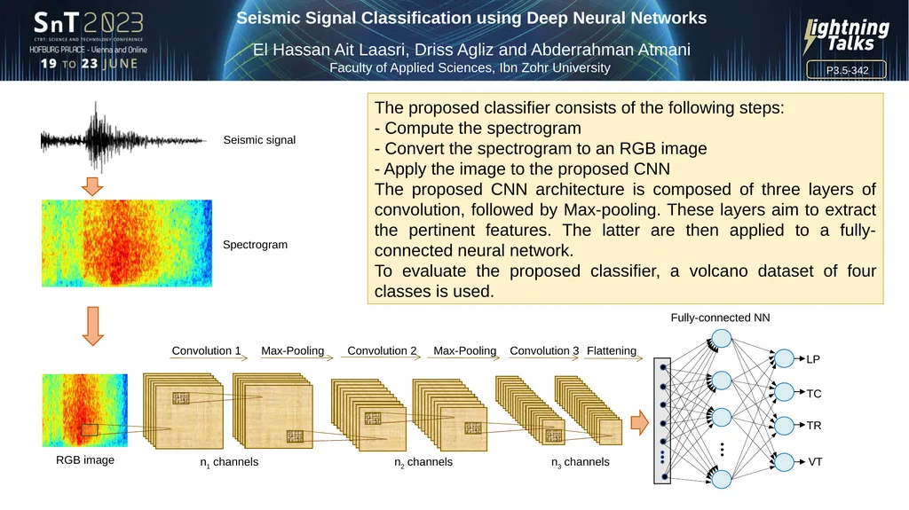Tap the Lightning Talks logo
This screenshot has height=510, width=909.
point(845,36)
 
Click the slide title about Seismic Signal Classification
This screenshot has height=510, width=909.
point(471,18)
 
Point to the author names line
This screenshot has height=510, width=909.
point(471,50)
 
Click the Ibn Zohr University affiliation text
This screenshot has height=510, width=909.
point(470,68)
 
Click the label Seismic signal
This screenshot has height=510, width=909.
point(259,140)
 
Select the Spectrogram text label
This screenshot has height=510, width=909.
point(255,245)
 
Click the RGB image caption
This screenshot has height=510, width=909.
point(85,460)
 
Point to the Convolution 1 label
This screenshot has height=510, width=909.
point(206,351)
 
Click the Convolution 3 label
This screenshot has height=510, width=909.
point(544,351)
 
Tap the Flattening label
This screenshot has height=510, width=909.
point(612,351)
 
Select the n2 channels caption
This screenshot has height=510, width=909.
point(423,462)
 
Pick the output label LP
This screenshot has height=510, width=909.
point(813,359)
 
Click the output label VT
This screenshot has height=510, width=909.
point(814,462)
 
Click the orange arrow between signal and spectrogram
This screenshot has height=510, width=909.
point(92,187)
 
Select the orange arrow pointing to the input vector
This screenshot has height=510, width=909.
point(638,423)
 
